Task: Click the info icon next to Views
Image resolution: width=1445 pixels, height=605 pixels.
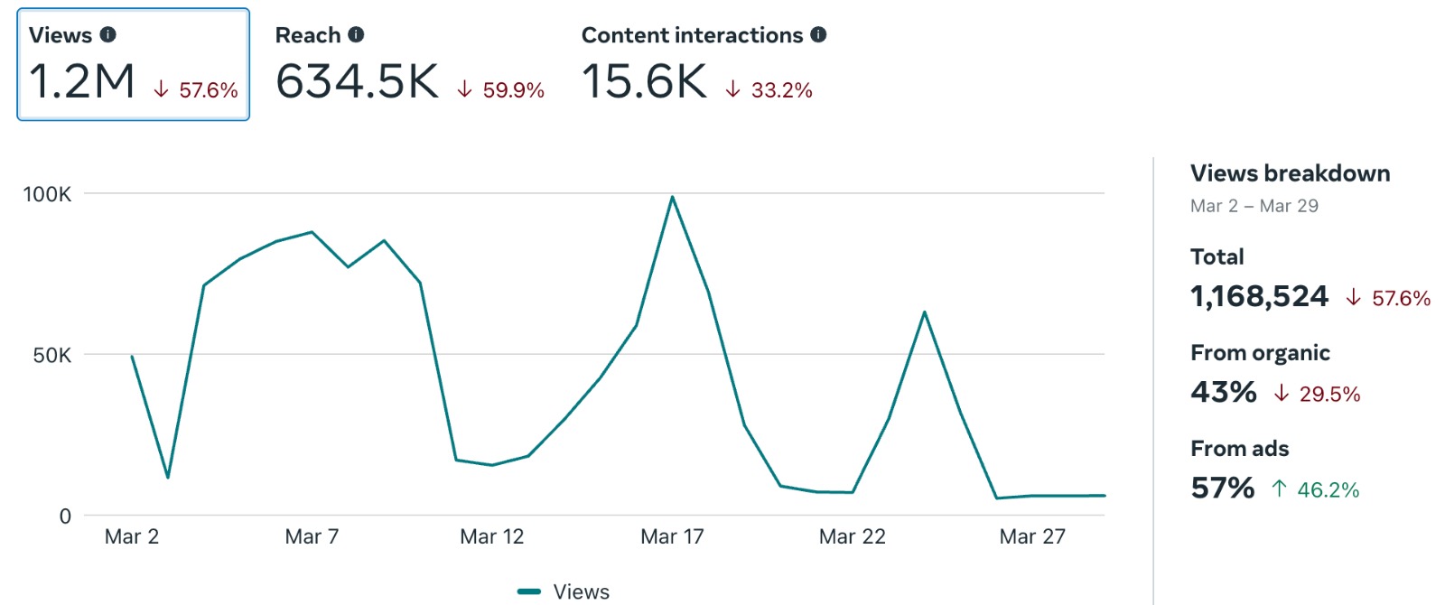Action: pos(108,35)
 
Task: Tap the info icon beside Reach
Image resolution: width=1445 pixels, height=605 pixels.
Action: pos(357,35)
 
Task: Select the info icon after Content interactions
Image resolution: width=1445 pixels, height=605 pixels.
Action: pos(818,35)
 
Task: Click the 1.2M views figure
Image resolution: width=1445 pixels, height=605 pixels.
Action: pos(82,81)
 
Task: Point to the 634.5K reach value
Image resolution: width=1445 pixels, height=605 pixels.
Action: pos(357,81)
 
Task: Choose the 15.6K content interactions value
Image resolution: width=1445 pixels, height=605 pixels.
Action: pos(644,81)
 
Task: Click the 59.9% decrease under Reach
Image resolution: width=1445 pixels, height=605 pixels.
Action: pos(502,90)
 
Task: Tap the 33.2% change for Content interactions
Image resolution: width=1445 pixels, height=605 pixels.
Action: pos(770,90)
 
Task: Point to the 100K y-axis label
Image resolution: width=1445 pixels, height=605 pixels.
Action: pos(47,194)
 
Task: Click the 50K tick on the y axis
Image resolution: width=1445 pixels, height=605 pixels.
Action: pos(51,356)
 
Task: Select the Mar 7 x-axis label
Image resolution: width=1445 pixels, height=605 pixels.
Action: pos(312,537)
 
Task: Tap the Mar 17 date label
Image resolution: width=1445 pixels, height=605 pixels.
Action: pos(672,537)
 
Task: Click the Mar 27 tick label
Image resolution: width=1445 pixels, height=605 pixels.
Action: pos(1032,537)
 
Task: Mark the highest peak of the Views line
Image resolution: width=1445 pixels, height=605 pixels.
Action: pos(672,197)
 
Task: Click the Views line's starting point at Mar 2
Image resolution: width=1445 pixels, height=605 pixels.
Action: pos(133,357)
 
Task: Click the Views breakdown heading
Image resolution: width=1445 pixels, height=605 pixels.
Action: pos(1290,173)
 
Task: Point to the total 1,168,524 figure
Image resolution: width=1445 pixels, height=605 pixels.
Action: pos(1259,296)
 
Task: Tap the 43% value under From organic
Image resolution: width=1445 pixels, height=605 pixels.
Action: pos(1223,392)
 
